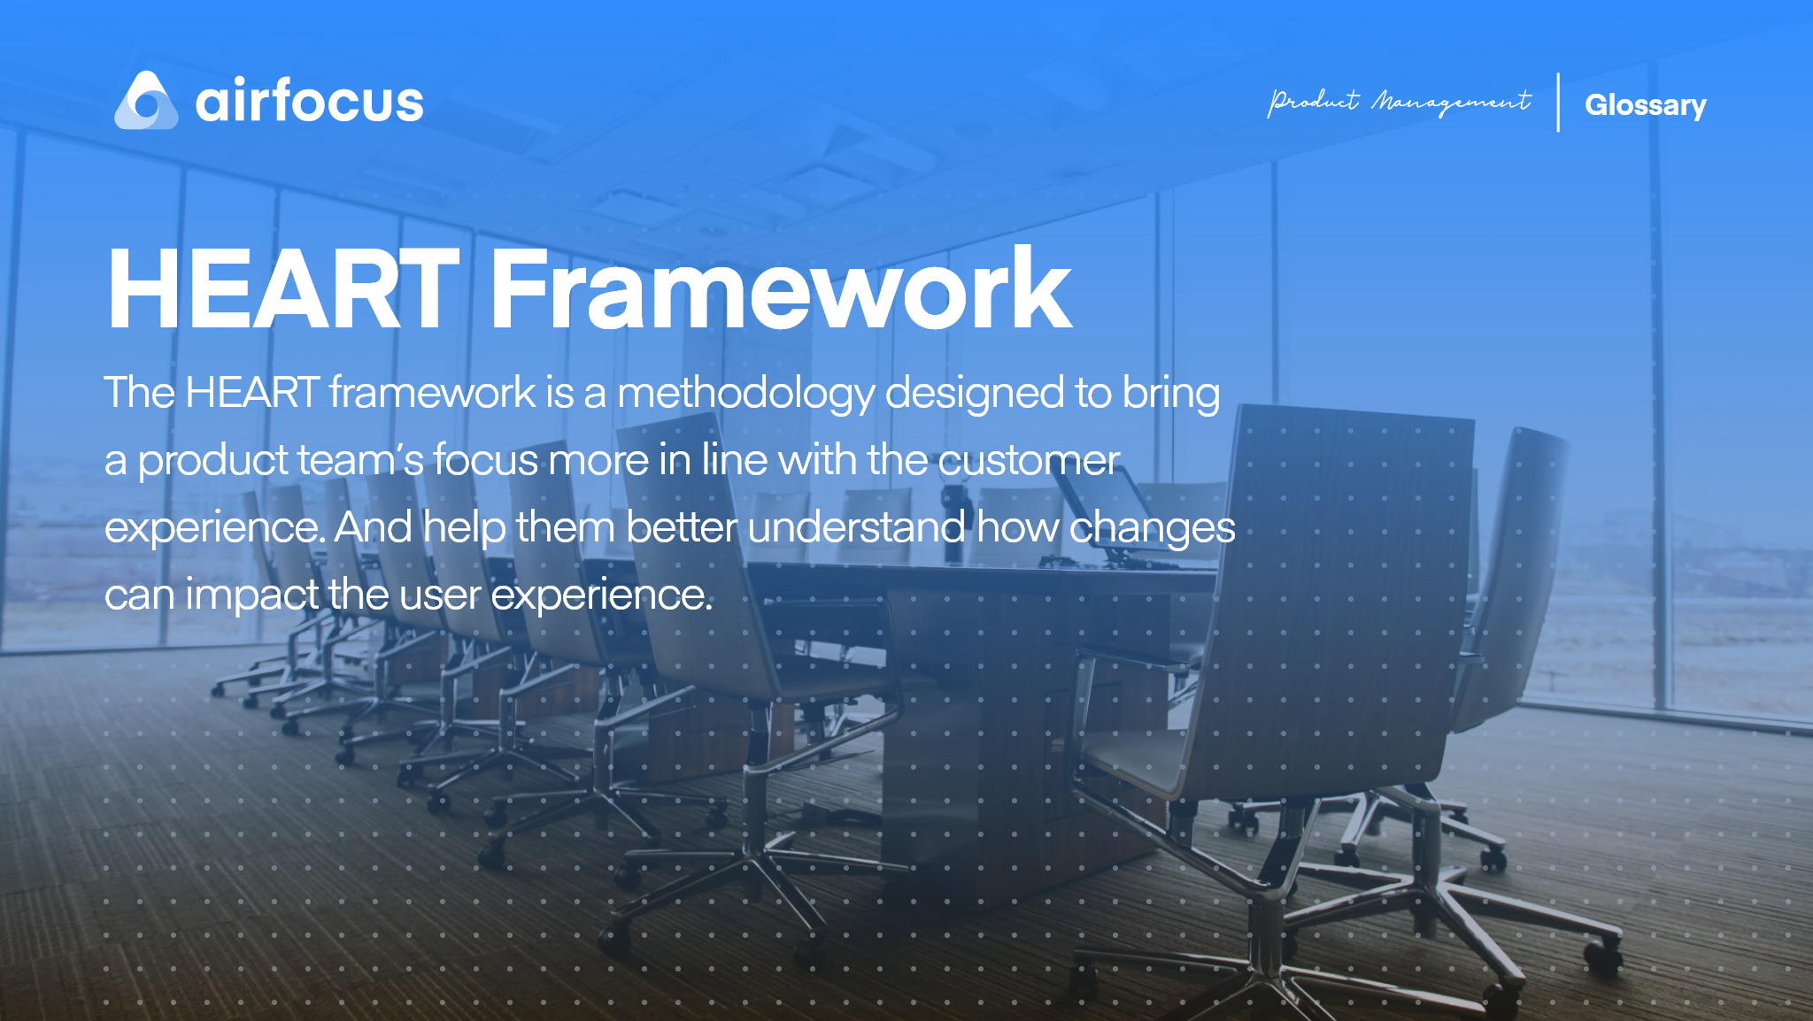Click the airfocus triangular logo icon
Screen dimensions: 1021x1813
click(x=146, y=102)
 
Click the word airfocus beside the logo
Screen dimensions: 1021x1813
click(x=309, y=101)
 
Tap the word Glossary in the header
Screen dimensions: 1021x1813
click(x=1645, y=105)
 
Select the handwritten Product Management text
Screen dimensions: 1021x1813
click(x=1399, y=103)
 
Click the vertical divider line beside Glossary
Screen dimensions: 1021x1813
click(x=1558, y=103)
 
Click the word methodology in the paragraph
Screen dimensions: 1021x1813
click(x=745, y=394)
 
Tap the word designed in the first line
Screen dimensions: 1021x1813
click(x=974, y=394)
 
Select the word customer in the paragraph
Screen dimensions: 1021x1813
click(x=1029, y=461)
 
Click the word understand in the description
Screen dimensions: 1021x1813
click(x=855, y=528)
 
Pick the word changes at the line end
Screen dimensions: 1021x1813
click(x=1152, y=528)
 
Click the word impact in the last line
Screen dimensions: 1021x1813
click(x=251, y=595)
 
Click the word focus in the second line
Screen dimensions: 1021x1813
click(x=485, y=461)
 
